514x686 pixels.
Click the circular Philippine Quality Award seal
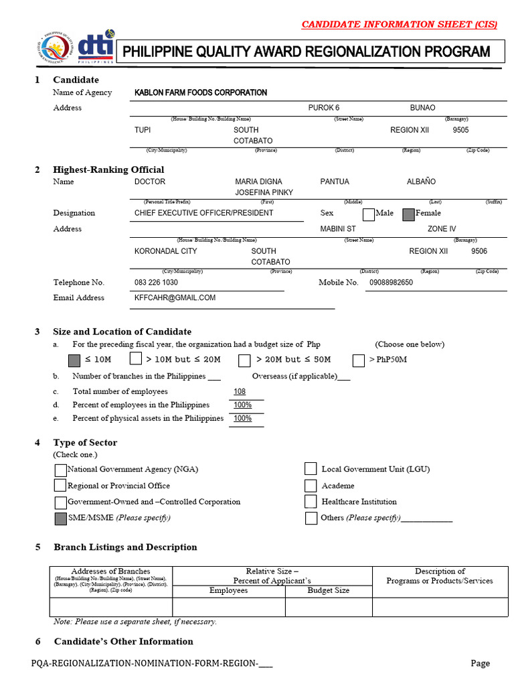tap(52, 49)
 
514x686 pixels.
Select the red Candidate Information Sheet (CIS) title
tap(399, 25)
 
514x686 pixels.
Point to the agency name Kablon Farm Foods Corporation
tap(201, 92)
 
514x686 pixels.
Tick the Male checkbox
tap(368, 214)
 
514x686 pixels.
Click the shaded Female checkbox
tap(408, 214)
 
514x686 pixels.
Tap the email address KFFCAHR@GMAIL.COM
tap(175, 297)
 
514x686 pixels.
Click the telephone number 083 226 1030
tap(156, 283)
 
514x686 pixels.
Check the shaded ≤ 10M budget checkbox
tap(74, 360)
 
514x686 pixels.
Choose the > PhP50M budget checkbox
tap(359, 360)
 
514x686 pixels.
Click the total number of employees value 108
tap(240, 391)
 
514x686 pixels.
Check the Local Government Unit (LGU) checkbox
tap(311, 469)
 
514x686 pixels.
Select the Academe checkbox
tap(311, 485)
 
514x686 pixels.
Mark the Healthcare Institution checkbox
tap(311, 501)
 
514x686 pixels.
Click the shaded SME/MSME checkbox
tap(60, 518)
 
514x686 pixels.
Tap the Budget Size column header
tap(328, 590)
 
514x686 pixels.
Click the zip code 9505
tap(460, 129)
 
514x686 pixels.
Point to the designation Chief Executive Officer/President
tap(204, 213)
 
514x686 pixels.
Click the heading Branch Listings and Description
tap(125, 547)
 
